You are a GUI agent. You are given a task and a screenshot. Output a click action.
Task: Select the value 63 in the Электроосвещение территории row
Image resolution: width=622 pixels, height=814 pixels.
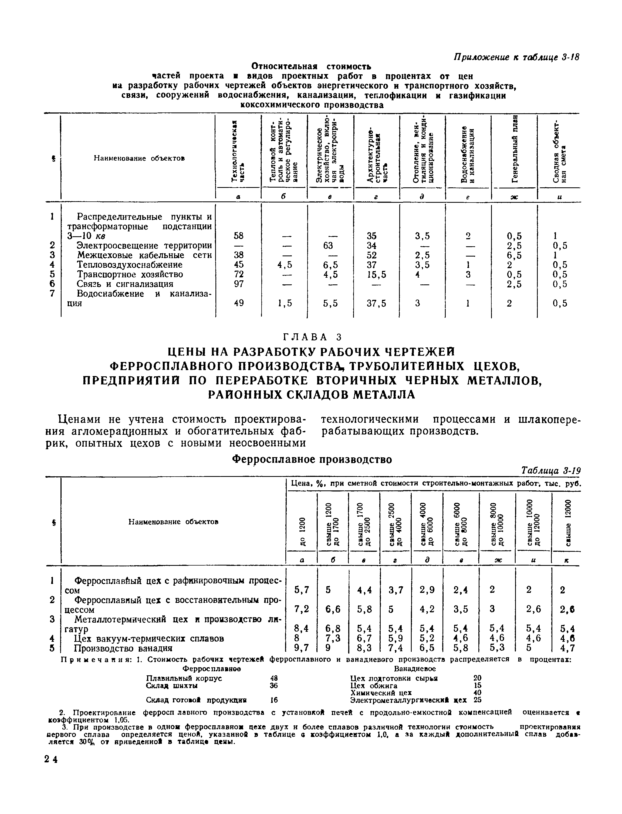pos(328,245)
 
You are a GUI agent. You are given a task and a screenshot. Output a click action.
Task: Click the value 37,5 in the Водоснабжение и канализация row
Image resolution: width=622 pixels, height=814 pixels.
pos(376,303)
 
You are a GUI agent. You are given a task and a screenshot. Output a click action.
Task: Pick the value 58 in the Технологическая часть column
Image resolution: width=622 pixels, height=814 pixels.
pos(239,236)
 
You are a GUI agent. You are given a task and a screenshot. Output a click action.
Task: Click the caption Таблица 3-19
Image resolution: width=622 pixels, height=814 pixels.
pos(550,470)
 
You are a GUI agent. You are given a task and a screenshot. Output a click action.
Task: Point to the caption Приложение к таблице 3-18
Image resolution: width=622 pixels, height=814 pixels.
pos(516,58)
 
